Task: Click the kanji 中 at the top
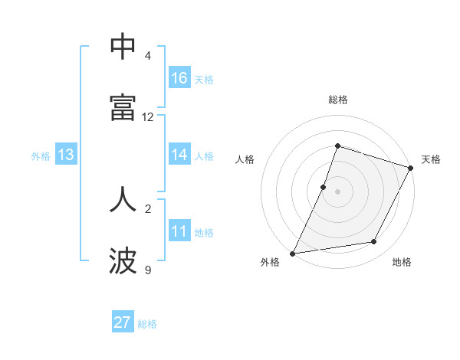tap(123, 47)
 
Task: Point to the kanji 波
tap(123, 261)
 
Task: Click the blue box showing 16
tap(179, 78)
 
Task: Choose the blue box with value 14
tap(179, 155)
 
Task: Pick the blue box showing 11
tap(179, 231)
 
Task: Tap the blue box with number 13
tap(66, 155)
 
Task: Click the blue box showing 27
tap(123, 322)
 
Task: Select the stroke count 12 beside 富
tap(148, 117)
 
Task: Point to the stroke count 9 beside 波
tap(148, 270)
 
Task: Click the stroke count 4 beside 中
tap(148, 56)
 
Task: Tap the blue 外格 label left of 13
tap(41, 155)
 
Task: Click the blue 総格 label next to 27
tap(147, 323)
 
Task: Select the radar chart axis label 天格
tap(431, 159)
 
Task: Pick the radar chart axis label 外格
tap(270, 263)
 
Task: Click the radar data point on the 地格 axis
tap(374, 242)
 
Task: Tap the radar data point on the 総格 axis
tap(337, 146)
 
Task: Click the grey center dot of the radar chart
tap(337, 191)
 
